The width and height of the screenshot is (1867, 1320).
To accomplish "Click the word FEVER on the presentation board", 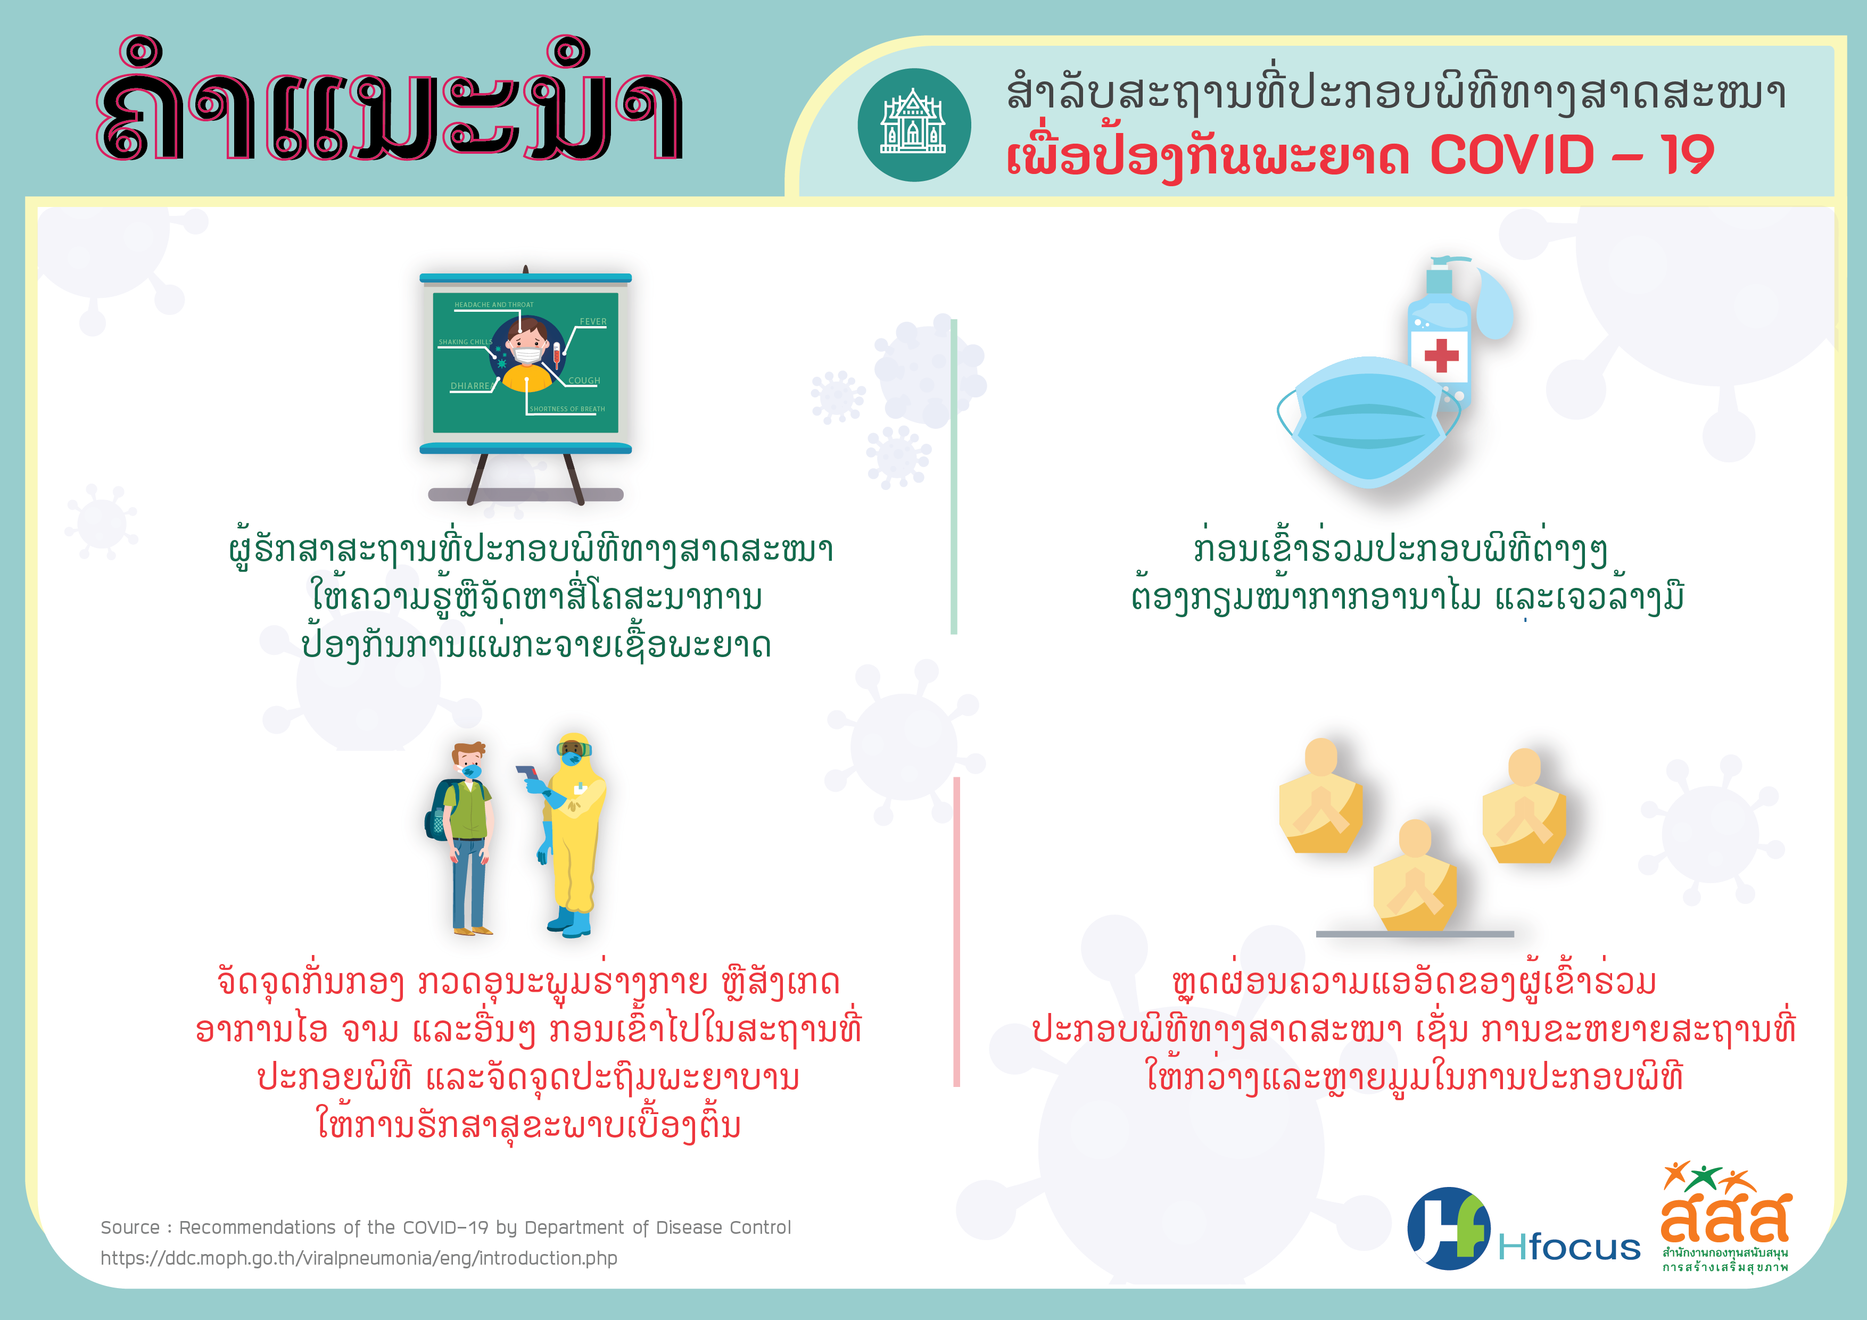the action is [593, 322].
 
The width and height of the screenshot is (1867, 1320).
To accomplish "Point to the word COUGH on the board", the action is [584, 380].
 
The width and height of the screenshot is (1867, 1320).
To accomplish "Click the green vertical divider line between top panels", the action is [954, 476].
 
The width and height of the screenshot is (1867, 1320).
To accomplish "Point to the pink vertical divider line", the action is [957, 932].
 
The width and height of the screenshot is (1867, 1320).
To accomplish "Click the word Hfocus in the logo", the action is [1568, 1247].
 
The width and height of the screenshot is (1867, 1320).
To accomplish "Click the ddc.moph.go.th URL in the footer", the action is [359, 1258].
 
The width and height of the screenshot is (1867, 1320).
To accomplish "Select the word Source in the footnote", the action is [130, 1227].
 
